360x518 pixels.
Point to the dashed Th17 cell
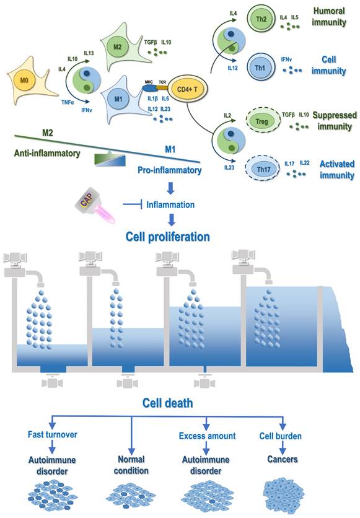[263, 167]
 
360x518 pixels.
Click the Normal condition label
[133, 465]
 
